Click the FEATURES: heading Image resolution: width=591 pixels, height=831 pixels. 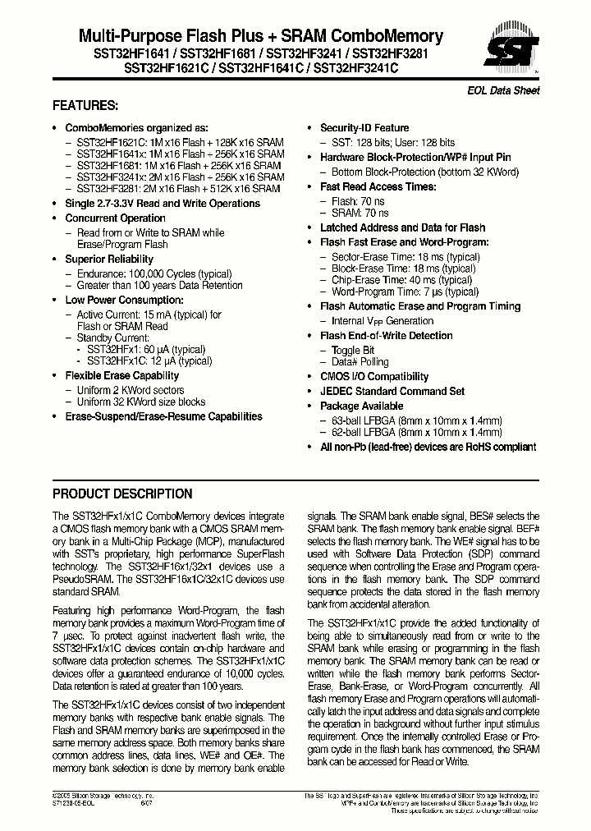85,106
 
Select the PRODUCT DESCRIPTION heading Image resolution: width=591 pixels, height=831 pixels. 122,494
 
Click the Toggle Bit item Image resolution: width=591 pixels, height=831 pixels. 352,351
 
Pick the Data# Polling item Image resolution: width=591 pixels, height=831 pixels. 360,362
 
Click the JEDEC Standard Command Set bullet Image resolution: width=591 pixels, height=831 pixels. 392,392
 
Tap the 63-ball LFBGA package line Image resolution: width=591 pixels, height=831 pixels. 416,420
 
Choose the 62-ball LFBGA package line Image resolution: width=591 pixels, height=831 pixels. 416,432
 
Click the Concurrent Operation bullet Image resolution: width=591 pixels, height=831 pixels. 115,218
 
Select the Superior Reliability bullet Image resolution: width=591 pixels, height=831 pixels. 109,259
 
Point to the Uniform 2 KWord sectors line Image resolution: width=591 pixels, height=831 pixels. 130,390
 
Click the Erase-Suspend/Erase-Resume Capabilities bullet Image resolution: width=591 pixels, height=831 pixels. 163,416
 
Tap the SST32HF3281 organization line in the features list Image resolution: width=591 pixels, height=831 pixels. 178,188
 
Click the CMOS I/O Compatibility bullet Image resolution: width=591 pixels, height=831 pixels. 374,377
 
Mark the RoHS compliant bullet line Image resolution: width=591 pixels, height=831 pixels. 427,447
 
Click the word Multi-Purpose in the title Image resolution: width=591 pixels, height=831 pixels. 117,36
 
